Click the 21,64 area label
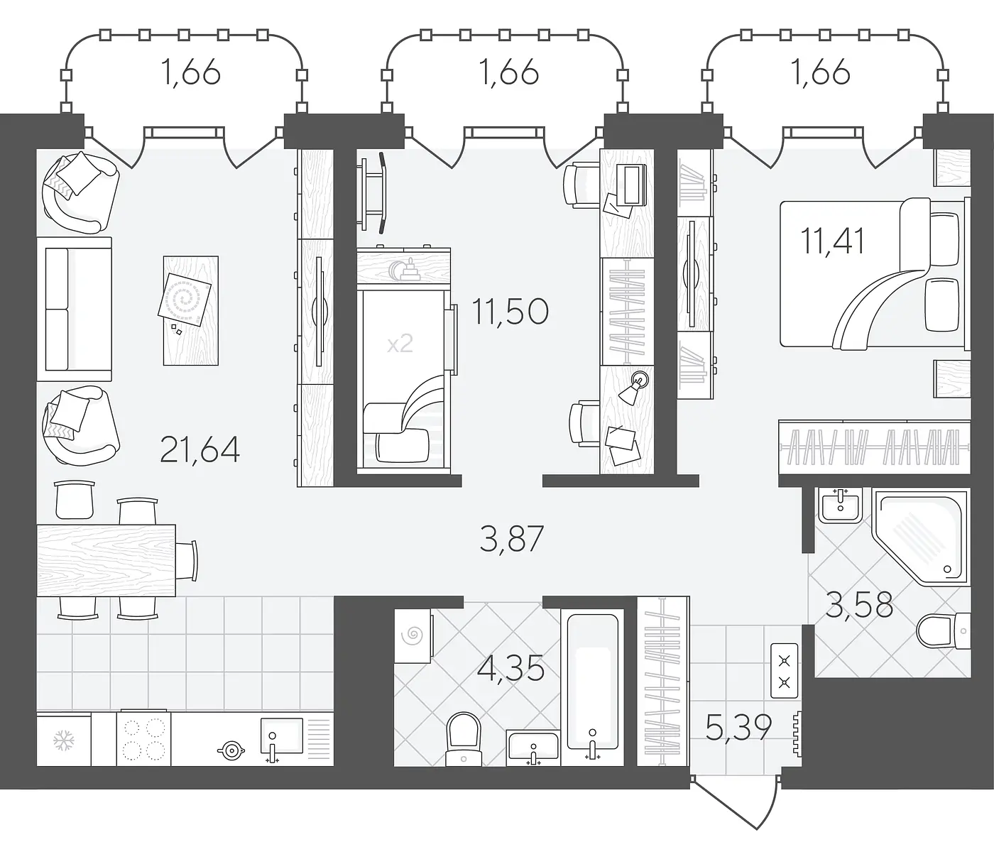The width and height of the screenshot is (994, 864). pos(200,449)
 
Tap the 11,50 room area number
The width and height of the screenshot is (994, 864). pos(510,312)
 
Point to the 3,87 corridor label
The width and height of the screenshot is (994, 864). pos(512,539)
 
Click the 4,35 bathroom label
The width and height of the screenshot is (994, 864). pos(510,668)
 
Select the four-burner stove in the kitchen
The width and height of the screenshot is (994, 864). pos(144,738)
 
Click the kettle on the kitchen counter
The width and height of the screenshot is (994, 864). pos(231,750)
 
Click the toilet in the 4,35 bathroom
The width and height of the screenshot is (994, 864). pos(463,739)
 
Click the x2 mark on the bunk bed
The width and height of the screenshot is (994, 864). pos(400,344)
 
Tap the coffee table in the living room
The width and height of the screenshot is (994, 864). pos(190,310)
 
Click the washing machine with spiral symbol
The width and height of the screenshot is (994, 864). pos(413,635)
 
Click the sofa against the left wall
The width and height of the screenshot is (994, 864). pos(75,309)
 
